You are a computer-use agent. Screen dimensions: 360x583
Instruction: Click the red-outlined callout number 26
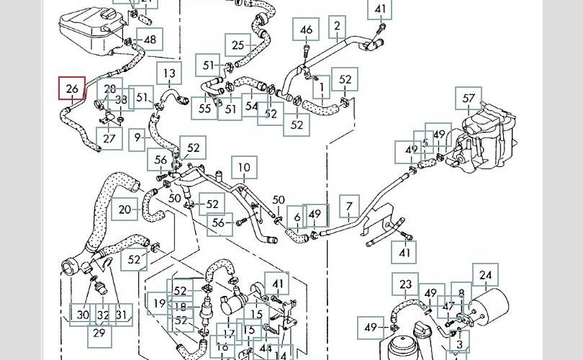pos(72,89)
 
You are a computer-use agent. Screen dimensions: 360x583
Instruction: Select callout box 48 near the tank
pos(150,40)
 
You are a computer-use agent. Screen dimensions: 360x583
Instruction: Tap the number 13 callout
pos(168,73)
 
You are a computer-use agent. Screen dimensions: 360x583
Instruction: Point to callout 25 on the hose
pos(238,45)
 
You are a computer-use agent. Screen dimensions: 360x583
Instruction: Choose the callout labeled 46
pos(307,30)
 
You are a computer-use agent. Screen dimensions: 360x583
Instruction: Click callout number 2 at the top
pos(337,27)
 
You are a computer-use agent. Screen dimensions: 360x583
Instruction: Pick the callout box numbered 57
pos(469,98)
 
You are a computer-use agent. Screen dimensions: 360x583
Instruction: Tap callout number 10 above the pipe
pos(244,168)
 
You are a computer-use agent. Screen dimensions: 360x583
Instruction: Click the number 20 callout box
pos(125,210)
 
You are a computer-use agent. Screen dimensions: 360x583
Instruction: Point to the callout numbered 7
pos(349,207)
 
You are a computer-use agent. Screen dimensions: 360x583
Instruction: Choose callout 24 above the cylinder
pos(486,275)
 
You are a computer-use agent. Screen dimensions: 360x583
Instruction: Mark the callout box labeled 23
pos(406,285)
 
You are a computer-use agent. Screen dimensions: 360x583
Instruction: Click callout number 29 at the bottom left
pos(100,333)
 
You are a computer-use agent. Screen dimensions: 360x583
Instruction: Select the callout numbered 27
pos(109,138)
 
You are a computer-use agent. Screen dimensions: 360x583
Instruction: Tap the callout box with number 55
pos(205,109)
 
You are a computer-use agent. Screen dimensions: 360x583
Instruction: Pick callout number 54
pos(251,106)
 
